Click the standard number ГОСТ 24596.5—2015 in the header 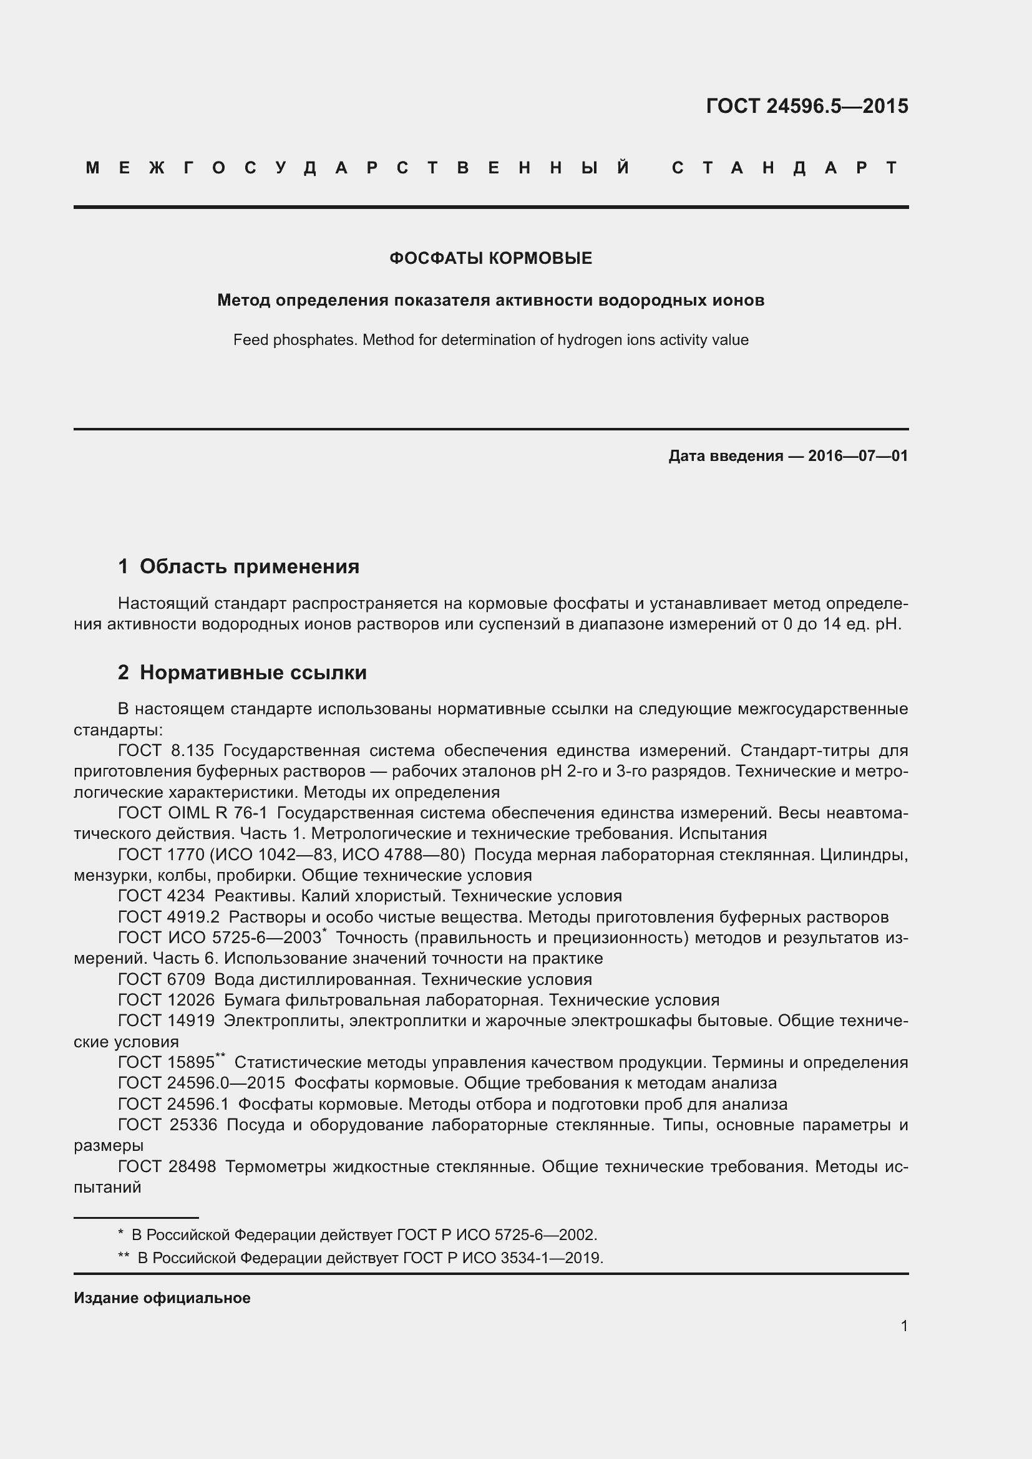pos(806,105)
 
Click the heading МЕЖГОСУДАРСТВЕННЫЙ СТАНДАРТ pos(491,168)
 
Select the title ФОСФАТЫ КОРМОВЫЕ pos(490,258)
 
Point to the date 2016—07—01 pos(858,455)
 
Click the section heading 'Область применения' pos(249,566)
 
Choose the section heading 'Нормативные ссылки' pos(253,672)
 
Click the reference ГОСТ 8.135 pos(166,750)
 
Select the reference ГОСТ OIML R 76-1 pos(193,813)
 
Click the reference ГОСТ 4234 pos(162,896)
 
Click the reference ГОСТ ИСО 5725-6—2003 pos(219,938)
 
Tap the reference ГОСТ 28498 pos(167,1166)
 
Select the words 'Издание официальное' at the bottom pos(162,1297)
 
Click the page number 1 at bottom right pos(904,1326)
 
